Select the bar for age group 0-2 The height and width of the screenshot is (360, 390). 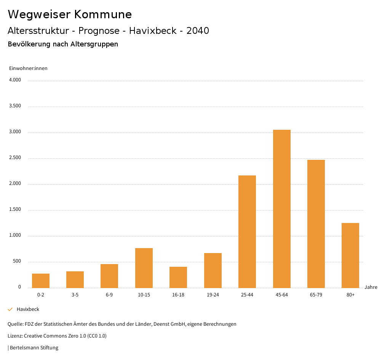(41, 280)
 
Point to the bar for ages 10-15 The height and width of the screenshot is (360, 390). (144, 268)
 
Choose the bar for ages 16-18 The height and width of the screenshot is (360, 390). (178, 277)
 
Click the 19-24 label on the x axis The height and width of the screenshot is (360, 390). (213, 295)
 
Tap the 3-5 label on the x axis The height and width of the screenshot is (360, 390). (75, 295)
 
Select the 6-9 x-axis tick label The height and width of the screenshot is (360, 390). (109, 295)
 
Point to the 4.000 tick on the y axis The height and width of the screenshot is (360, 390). (15, 80)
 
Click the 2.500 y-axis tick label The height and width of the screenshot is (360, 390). (15, 158)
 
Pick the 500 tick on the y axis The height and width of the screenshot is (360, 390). (17, 261)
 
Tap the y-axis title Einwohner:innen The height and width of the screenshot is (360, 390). (28, 68)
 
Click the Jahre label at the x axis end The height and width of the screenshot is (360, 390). (371, 287)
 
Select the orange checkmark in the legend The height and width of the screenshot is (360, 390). (10, 309)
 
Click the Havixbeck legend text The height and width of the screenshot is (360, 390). (28, 309)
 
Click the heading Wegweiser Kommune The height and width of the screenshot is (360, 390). (70, 14)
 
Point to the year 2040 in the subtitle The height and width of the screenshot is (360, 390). (198, 31)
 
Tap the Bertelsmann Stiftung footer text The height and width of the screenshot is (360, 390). (34, 347)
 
